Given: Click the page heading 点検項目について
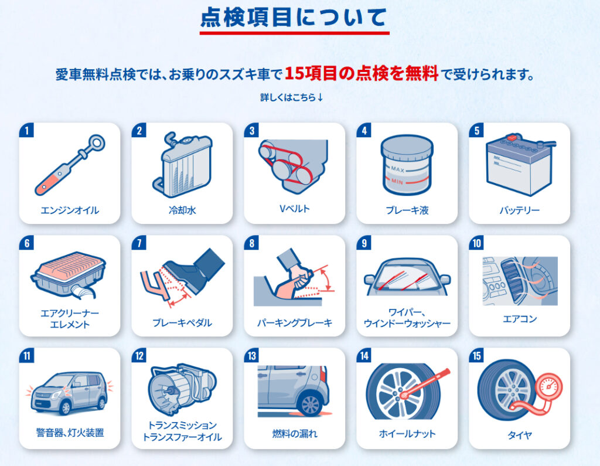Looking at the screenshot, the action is tap(294, 18).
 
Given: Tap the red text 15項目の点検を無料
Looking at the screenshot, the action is tap(362, 73).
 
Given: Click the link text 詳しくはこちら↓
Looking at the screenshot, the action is tap(292, 97).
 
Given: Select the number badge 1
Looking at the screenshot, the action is tap(26, 130).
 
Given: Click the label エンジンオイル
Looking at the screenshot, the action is tap(70, 210).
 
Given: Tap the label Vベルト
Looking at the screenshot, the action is tap(294, 209).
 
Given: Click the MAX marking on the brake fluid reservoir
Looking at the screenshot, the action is tap(398, 168).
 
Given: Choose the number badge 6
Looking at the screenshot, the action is tap(26, 243).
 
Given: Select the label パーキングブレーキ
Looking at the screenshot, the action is tap(295, 323).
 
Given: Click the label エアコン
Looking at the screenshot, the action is tap(520, 319).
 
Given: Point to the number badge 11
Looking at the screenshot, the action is tap(26, 355).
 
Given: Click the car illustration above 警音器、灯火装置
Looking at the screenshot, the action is tap(69, 393).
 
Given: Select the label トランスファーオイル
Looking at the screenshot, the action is tap(182, 437).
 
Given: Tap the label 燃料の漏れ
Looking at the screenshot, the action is tap(295, 433).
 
